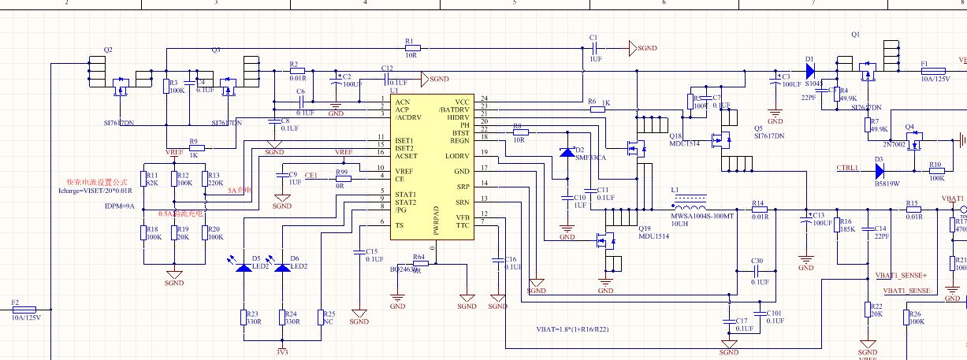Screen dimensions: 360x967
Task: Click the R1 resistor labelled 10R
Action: [410, 49]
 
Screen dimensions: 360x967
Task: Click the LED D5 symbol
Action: [244, 267]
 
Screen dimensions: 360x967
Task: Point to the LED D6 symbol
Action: [281, 267]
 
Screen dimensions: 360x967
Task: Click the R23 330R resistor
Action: [244, 317]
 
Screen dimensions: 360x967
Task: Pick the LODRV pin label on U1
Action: [456, 156]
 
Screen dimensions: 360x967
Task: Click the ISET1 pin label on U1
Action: [406, 140]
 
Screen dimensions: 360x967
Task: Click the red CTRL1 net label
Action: [847, 168]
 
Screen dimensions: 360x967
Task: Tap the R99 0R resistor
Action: [341, 178]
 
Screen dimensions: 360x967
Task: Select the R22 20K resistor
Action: [867, 310]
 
